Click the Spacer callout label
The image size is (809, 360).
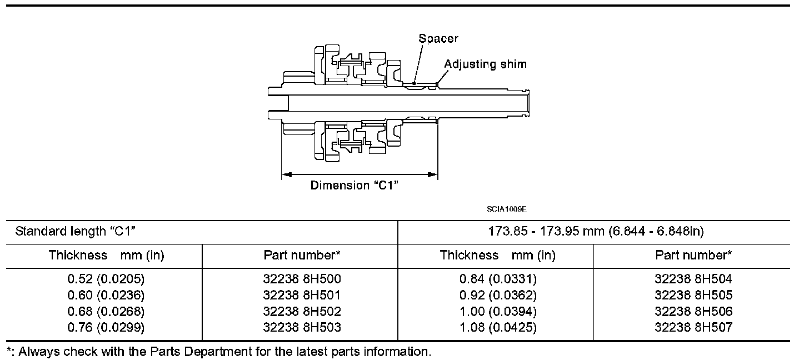tap(438, 38)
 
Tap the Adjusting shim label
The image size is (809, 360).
tap(485, 64)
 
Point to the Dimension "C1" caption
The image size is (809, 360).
tap(354, 186)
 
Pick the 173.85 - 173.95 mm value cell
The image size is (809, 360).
tap(596, 232)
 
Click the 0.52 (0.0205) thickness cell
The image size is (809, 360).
tap(106, 279)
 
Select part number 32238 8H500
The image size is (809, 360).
tap(302, 279)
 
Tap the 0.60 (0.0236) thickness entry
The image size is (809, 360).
tap(106, 295)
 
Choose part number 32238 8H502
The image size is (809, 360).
tap(302, 311)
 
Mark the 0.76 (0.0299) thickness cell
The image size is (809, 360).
tap(106, 327)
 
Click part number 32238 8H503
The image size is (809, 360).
tap(302, 327)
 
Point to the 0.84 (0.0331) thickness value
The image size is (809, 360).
tap(497, 279)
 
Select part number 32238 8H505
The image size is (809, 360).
tap(693, 295)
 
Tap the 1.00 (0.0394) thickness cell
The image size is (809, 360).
tap(497, 311)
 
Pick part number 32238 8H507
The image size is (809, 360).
tap(693, 327)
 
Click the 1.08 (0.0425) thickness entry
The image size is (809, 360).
tap(497, 327)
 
